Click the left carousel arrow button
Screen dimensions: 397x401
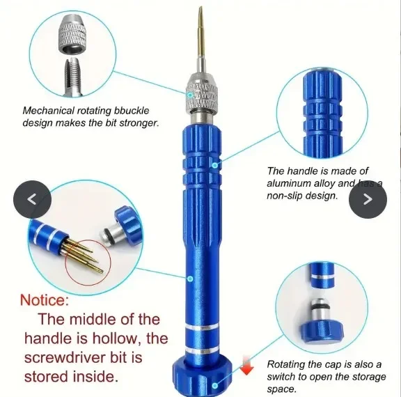click(x=30, y=199)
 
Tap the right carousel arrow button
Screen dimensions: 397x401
click(x=368, y=199)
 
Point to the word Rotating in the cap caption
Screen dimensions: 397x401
click(x=288, y=364)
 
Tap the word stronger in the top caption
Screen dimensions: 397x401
click(x=139, y=123)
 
